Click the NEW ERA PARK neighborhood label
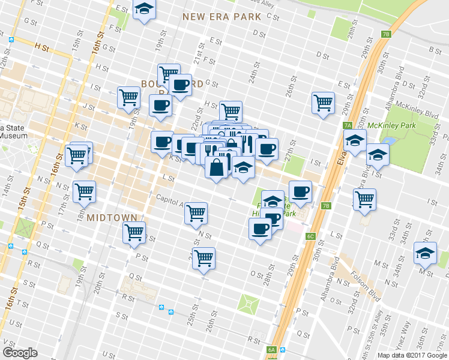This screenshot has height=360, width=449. click(x=222, y=17)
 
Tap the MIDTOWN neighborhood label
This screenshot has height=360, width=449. click(x=112, y=217)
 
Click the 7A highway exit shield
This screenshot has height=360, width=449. click(x=348, y=125)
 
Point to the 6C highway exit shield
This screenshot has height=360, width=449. click(x=310, y=236)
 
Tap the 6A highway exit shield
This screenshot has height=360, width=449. click(x=271, y=350)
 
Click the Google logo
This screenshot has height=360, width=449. click(x=20, y=352)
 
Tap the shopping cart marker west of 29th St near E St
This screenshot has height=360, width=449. click(x=323, y=103)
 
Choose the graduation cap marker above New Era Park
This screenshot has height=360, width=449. click(x=143, y=10)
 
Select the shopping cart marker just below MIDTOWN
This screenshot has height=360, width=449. click(x=134, y=233)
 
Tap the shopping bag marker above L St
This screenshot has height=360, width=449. click(x=216, y=167)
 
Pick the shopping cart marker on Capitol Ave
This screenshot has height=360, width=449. click(x=196, y=213)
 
